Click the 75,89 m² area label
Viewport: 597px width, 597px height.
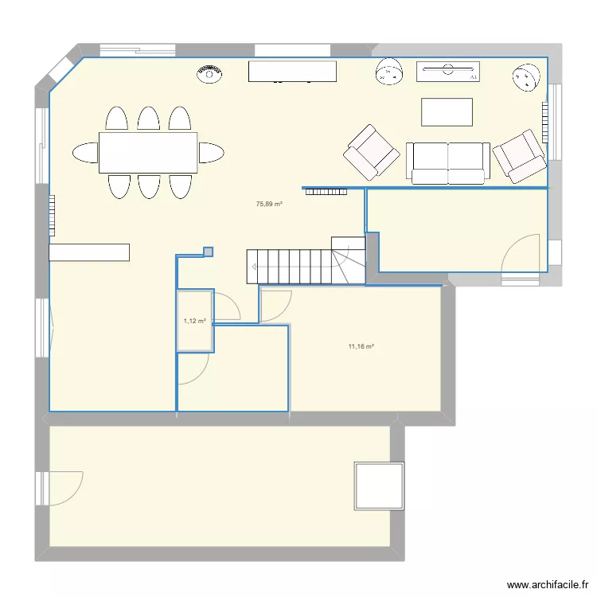point(269,204)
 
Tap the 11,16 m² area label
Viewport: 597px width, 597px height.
point(361,346)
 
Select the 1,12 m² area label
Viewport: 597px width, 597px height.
point(194,322)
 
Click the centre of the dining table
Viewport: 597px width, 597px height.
point(148,152)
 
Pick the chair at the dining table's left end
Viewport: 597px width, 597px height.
point(84,152)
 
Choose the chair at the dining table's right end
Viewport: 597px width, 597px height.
point(211,152)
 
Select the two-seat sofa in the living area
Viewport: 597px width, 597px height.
point(447,162)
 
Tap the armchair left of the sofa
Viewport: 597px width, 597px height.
point(371,150)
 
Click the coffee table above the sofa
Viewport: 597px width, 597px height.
point(447,111)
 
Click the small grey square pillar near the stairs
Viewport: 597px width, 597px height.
point(209,252)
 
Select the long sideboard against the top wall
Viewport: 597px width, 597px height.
point(292,72)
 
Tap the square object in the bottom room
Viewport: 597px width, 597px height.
point(380,485)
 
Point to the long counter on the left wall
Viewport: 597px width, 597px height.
point(89,252)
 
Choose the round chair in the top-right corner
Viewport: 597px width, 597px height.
point(527,77)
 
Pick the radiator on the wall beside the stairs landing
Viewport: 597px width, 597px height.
point(326,190)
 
